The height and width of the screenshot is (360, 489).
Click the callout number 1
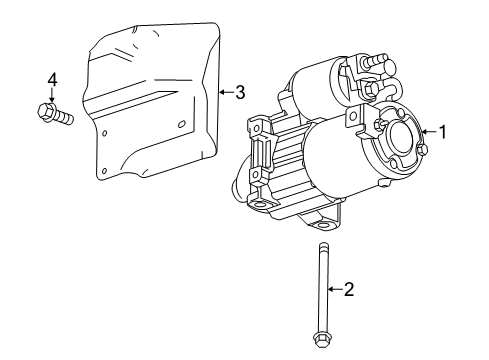tap(440, 131)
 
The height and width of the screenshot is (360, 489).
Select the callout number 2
tap(349, 291)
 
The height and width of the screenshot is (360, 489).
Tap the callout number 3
tap(239, 92)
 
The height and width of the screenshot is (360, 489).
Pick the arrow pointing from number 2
tap(334, 291)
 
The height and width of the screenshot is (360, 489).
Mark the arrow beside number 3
tap(224, 92)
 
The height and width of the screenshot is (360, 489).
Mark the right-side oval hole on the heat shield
tap(182, 124)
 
